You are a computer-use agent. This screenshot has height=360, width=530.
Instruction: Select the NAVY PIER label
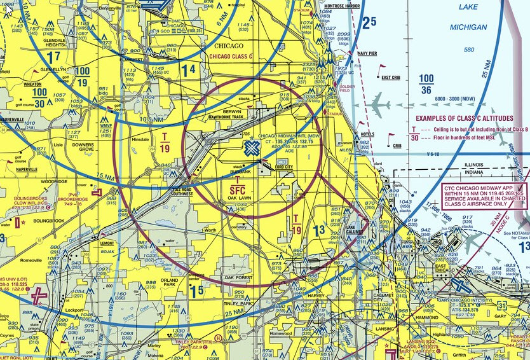point(367,53)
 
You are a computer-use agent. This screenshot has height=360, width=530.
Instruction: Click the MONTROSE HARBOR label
point(342,6)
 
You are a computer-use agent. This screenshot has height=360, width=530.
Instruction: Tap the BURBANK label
point(241,172)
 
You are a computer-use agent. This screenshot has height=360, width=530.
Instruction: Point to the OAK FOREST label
point(238,278)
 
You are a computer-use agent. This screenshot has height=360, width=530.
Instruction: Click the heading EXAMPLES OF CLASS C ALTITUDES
point(464,118)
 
